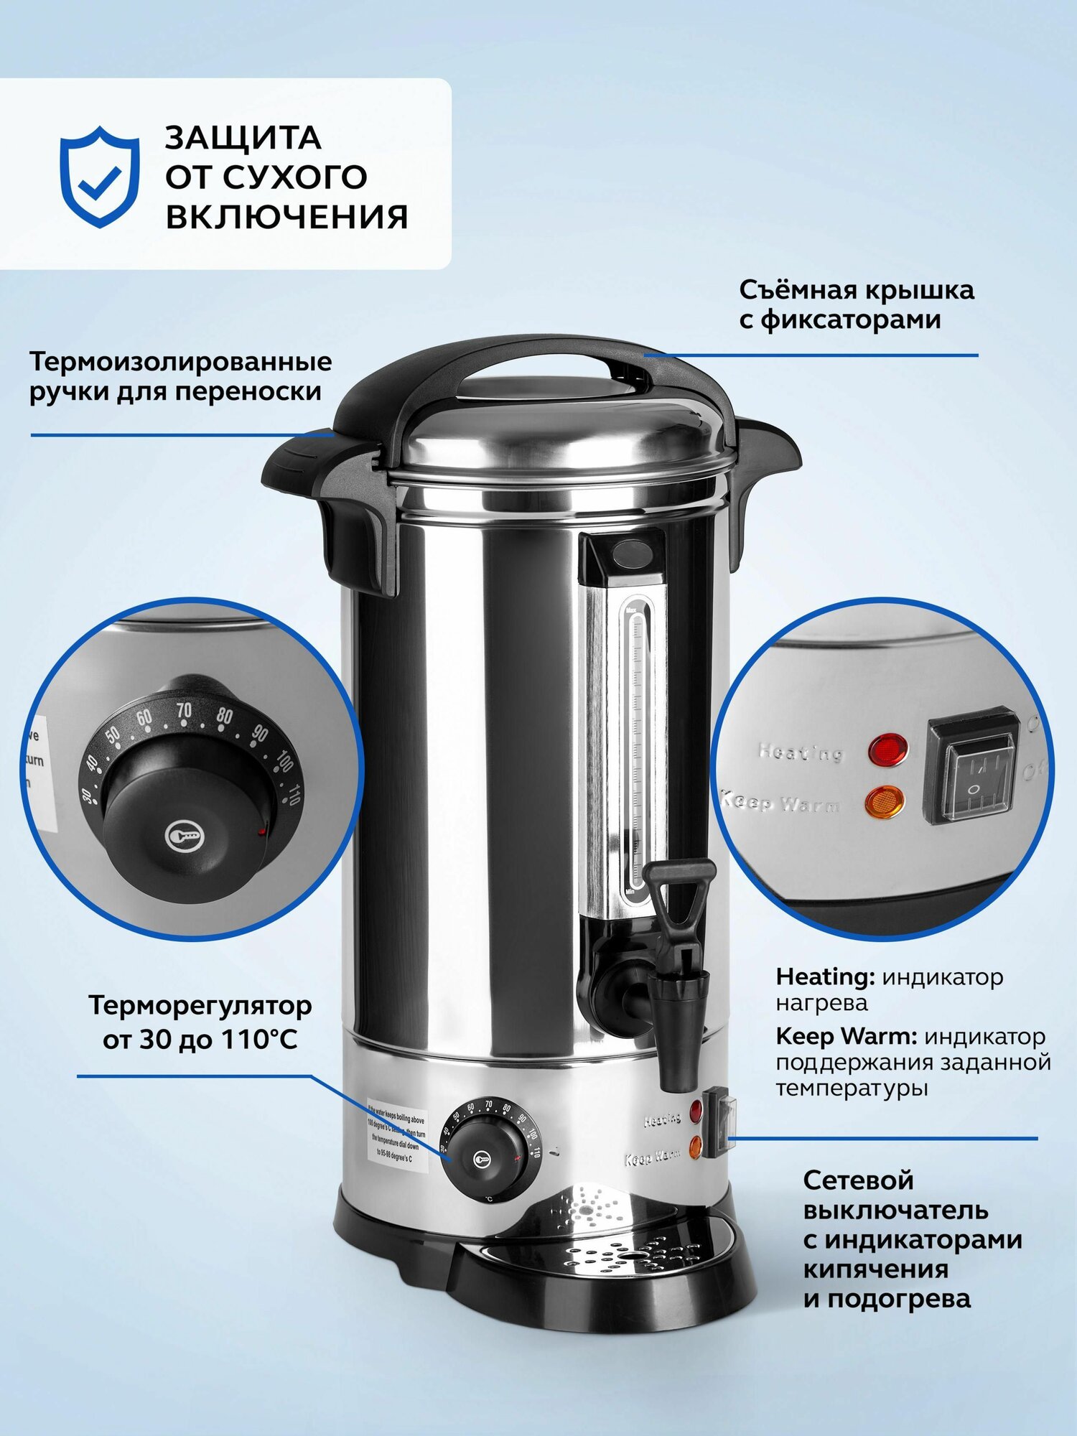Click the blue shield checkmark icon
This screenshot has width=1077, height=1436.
(99, 177)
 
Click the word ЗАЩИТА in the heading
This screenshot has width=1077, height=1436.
(243, 138)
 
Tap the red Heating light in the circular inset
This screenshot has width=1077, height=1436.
(887, 749)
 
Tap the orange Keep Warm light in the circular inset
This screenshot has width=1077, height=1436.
(885, 802)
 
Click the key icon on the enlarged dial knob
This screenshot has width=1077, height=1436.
(179, 836)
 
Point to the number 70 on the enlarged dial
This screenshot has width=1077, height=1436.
(185, 711)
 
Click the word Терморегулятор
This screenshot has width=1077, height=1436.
(200, 1005)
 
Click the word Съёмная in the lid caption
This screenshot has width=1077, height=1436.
(797, 290)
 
